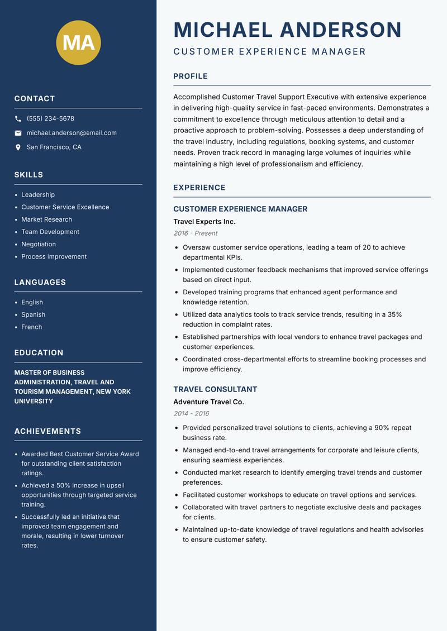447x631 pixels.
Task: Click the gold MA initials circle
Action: (79, 42)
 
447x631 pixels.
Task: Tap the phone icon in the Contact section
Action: (18, 119)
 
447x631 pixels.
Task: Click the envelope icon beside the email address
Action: (18, 133)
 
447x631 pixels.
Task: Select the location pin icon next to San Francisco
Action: (18, 147)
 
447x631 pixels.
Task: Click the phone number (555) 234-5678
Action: (50, 119)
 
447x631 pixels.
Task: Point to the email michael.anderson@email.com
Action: (72, 133)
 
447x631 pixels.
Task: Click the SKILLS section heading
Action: (28, 175)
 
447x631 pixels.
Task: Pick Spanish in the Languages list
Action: (33, 314)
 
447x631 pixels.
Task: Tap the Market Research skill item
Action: (46, 219)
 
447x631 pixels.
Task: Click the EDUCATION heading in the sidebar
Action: (39, 353)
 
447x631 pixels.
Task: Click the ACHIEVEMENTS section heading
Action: (47, 431)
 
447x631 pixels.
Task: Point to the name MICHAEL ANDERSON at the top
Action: (287, 30)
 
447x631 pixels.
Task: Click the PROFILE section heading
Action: (190, 77)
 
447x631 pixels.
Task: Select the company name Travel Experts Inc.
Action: (204, 222)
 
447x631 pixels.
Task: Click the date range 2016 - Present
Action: (195, 233)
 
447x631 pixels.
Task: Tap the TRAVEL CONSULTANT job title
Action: (215, 389)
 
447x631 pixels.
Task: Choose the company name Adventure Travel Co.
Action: (208, 402)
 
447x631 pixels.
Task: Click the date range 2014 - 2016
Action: (191, 414)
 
